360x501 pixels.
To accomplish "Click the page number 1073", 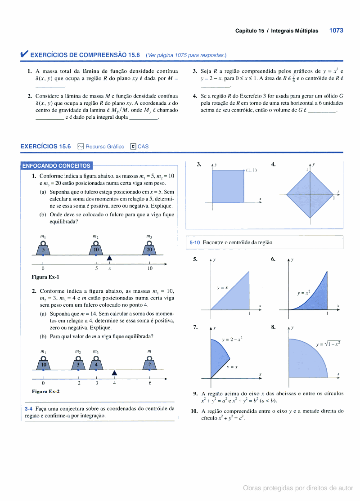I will click(336, 31).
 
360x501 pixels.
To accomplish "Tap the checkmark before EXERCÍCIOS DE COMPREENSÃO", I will click(24, 54).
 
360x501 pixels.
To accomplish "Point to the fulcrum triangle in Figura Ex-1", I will click(109, 258).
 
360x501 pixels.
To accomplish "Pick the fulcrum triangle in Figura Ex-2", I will click(115, 372).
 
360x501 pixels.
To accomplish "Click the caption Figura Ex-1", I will click(45, 277).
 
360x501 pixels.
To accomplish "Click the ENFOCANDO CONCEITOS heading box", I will click(57, 166).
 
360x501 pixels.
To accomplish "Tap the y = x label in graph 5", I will click(222, 287).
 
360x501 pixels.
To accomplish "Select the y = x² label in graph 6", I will click(304, 293).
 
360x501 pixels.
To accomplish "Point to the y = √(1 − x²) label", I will click(328, 344).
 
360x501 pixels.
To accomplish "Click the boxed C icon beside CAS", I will click(133, 146).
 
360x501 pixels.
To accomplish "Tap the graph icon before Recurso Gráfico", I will click(81, 146).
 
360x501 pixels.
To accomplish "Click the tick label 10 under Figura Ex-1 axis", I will click(150, 268).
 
